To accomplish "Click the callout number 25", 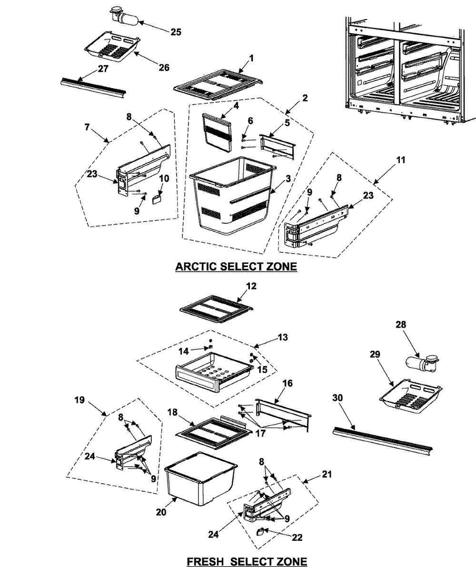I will coord(176,32).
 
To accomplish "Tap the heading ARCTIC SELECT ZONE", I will coord(236,267).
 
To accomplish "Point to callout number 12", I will coord(251,286).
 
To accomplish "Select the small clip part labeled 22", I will coord(261,531).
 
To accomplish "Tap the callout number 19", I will coord(79,400).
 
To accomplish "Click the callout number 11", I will coord(401,160).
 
